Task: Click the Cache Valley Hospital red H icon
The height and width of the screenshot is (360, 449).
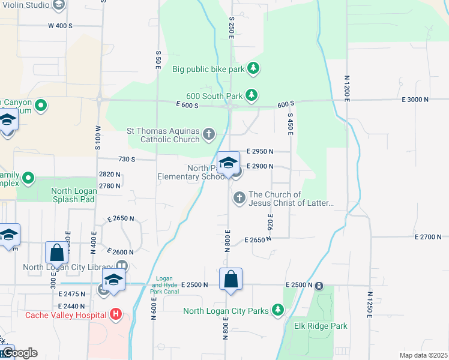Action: (x=116, y=314)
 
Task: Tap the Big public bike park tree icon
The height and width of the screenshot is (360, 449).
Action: (x=253, y=68)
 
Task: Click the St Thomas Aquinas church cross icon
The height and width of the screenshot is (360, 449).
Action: (x=209, y=134)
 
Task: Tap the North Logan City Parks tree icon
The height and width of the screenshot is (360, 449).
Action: (x=277, y=310)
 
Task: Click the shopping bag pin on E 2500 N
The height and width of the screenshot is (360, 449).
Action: (x=231, y=280)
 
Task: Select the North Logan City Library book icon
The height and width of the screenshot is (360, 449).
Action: (x=122, y=266)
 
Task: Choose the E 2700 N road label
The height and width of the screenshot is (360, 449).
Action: (x=428, y=237)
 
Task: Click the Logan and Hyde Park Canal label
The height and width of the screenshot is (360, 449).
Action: (x=164, y=285)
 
